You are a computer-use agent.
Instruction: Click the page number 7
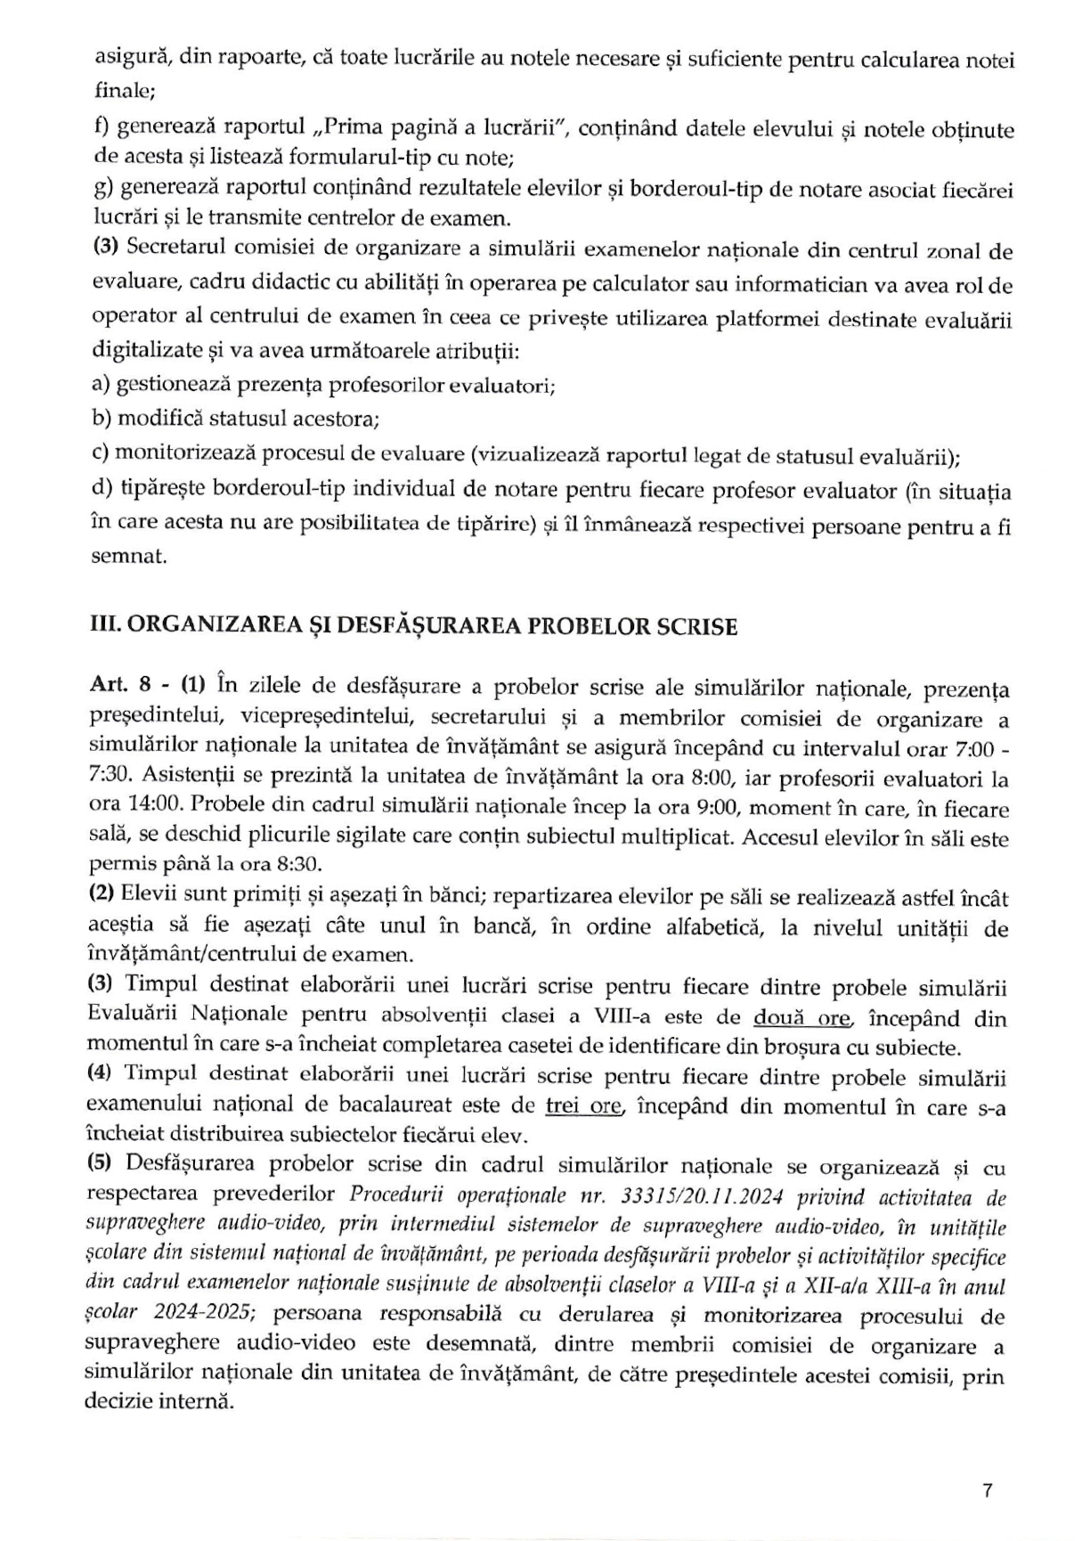tap(987, 1492)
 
